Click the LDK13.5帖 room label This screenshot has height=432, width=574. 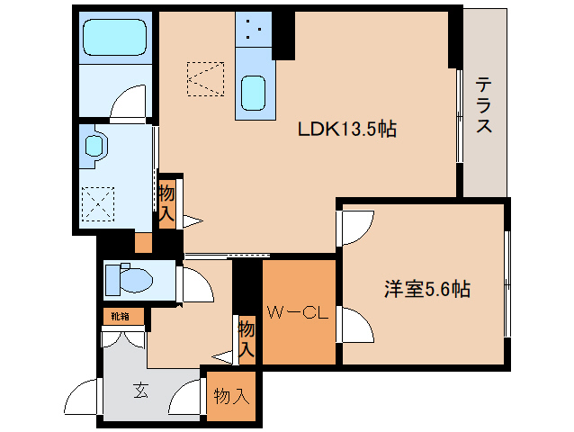pyautogui.click(x=347, y=130)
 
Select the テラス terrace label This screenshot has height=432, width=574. pyautogui.click(x=483, y=105)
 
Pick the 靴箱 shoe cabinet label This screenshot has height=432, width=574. pyautogui.click(x=121, y=316)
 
